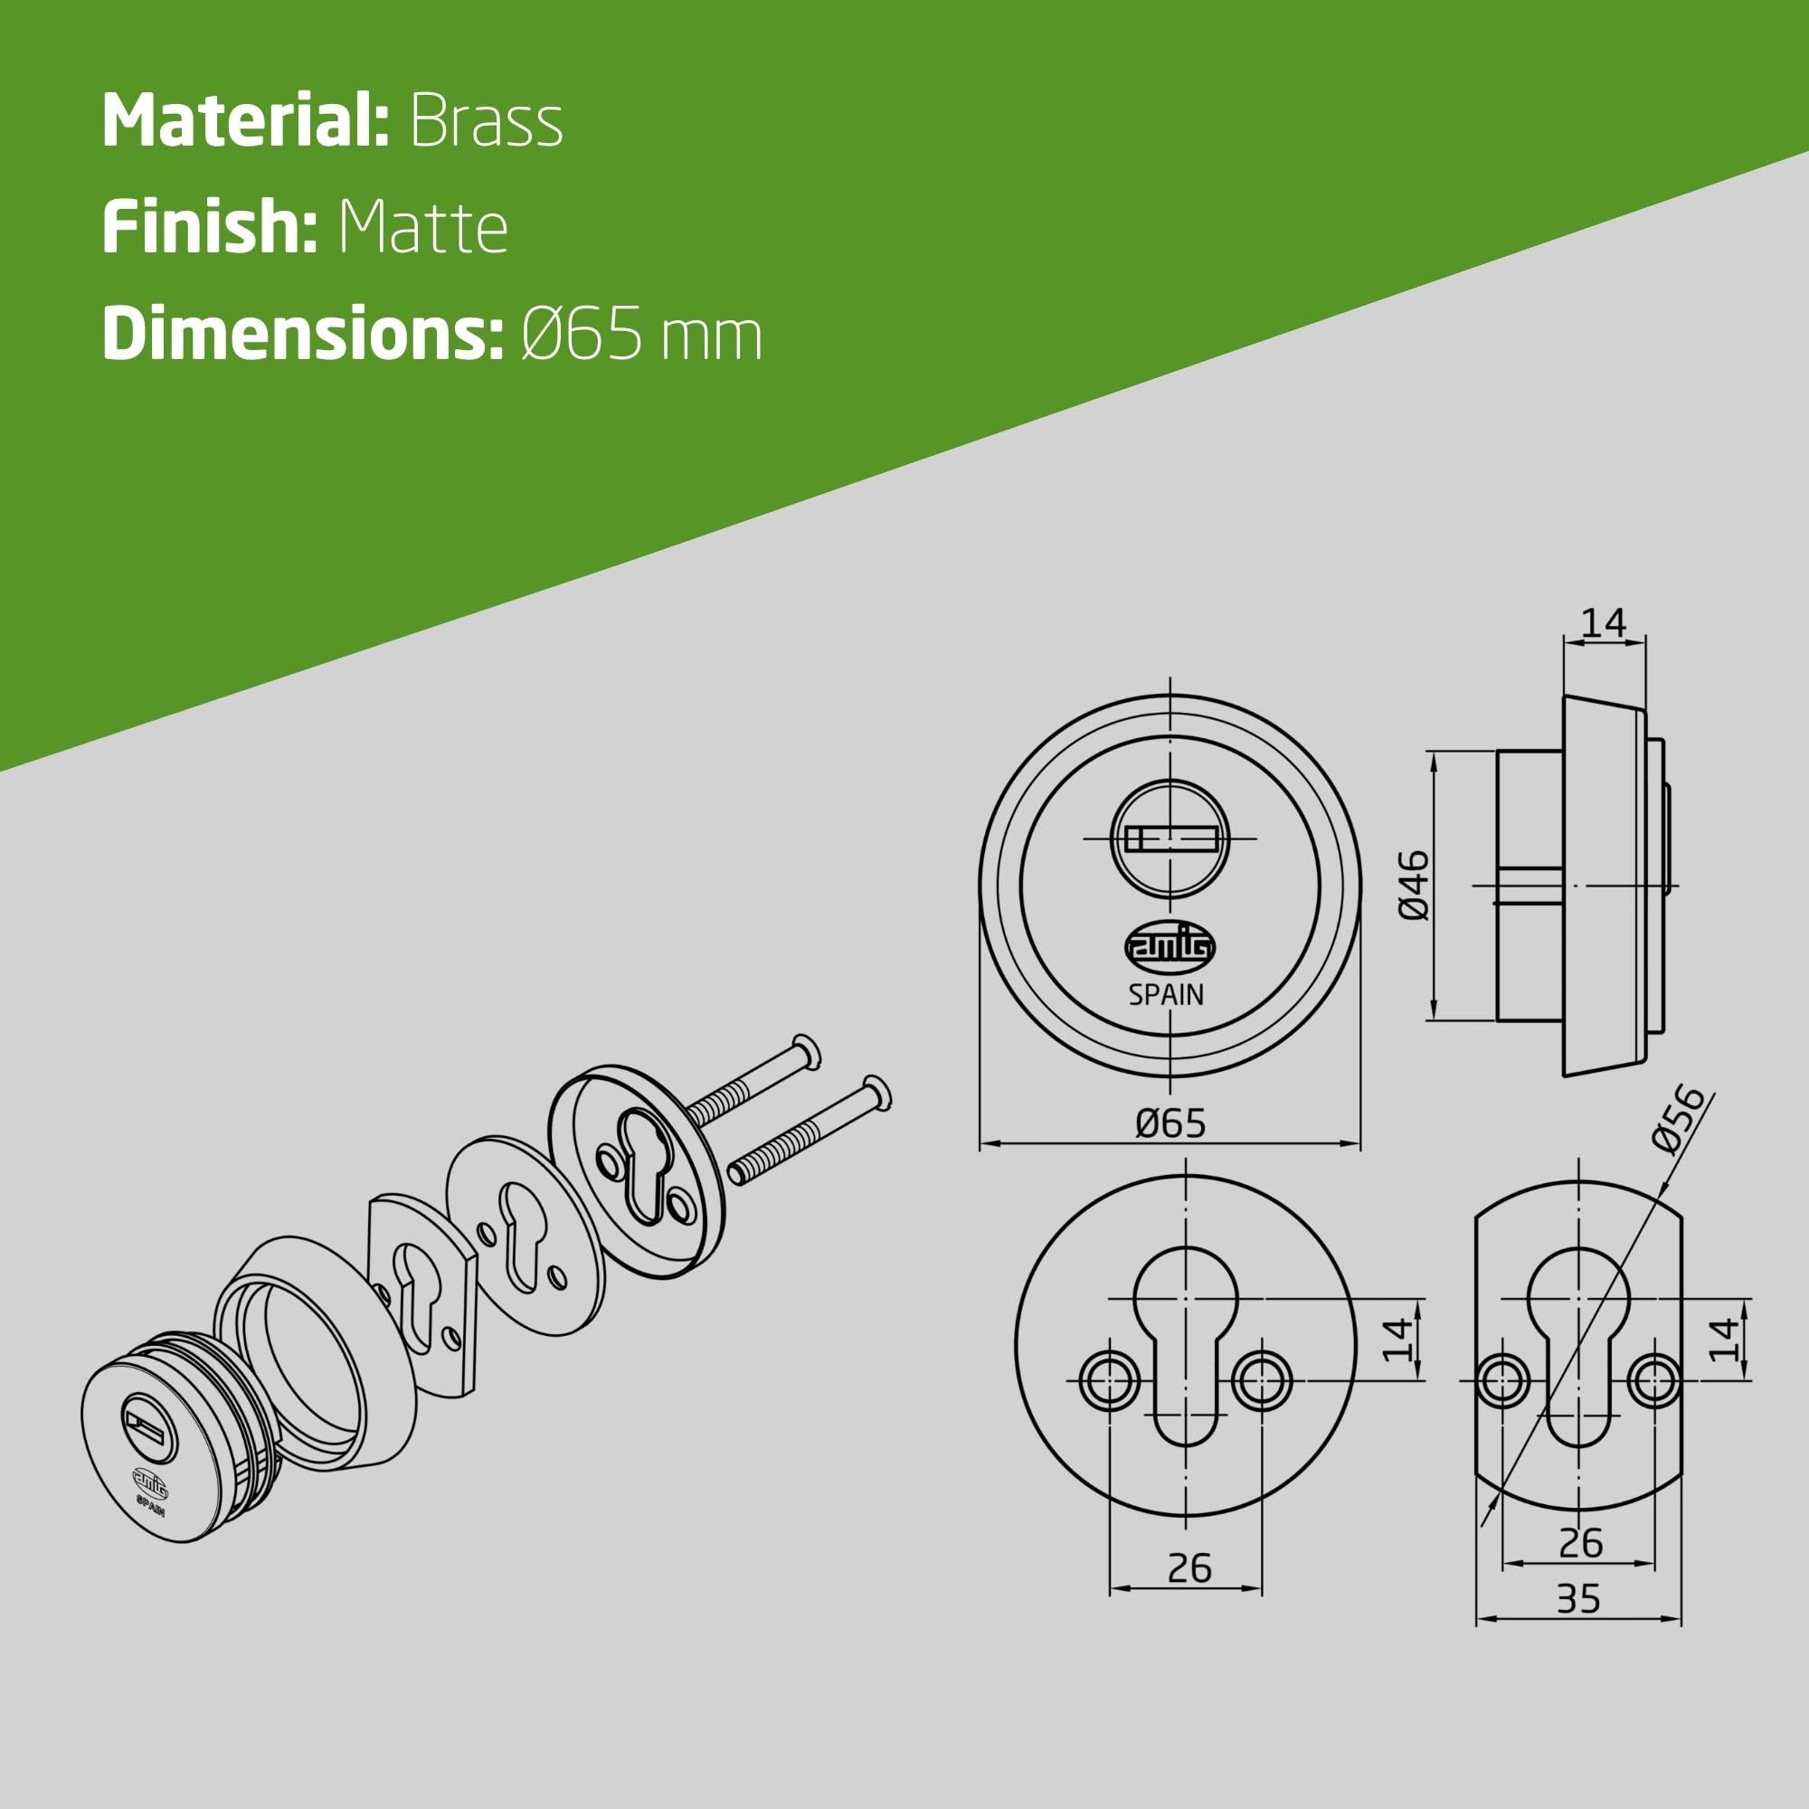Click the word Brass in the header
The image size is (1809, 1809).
pos(486,122)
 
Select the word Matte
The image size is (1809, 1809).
pos(422,228)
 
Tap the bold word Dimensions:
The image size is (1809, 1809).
pos(303,336)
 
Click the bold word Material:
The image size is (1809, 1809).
pos(245,122)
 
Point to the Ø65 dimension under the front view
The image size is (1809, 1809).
pos(1170,1122)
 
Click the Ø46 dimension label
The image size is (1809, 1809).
pos(1413,885)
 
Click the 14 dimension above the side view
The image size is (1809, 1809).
pos(1605,621)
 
